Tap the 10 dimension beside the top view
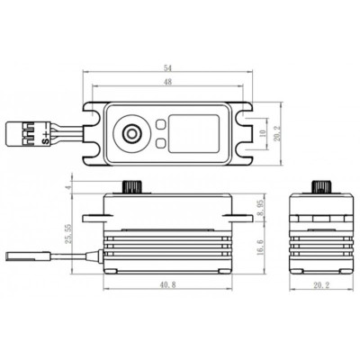click(x=262, y=132)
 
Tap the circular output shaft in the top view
click(x=132, y=133)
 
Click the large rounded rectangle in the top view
click(x=194, y=133)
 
